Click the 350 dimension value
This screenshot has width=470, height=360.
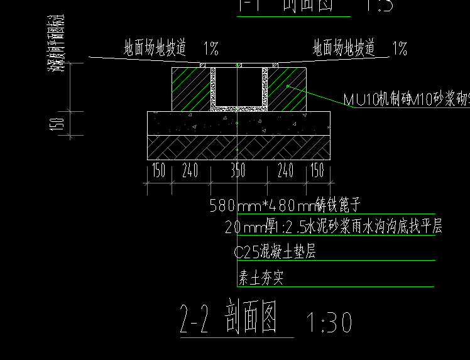(x=237, y=170)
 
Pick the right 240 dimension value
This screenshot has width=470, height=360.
(x=285, y=170)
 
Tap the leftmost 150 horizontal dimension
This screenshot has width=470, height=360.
(x=158, y=170)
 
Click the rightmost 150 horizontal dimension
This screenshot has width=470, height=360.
(x=317, y=170)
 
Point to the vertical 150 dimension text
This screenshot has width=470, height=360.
(x=59, y=124)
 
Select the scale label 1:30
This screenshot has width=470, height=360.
(x=329, y=323)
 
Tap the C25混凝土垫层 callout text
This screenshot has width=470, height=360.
(x=275, y=253)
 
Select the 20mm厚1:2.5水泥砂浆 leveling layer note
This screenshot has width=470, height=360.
(x=334, y=227)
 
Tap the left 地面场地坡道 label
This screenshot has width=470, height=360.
(x=155, y=48)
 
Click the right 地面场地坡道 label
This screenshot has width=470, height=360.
(x=344, y=48)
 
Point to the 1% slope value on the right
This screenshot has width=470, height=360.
(x=399, y=48)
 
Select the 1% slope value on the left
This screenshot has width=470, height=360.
(x=210, y=48)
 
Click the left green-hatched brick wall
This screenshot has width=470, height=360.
(x=190, y=89)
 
